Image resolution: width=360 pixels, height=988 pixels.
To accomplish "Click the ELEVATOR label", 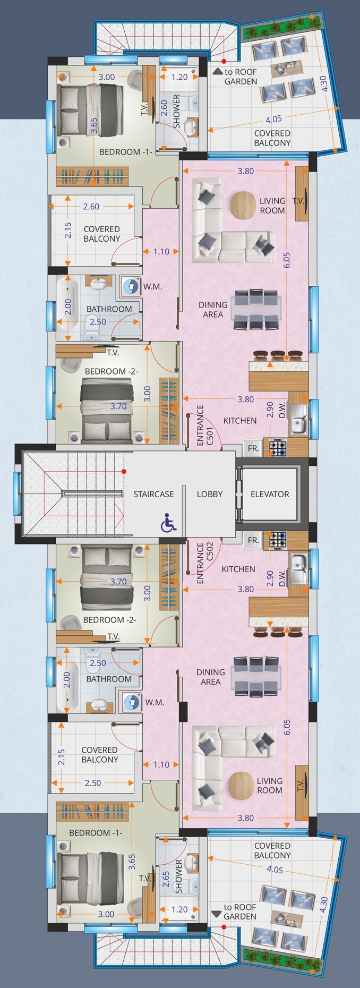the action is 270,494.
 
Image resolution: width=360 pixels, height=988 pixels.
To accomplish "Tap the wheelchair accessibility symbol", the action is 169,523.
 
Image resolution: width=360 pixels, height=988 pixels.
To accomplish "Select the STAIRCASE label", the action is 153,494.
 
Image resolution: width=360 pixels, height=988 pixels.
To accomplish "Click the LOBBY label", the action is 210,494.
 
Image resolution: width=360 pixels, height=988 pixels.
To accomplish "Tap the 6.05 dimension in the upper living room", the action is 287,260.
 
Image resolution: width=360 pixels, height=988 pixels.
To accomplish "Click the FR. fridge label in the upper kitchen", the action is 254,448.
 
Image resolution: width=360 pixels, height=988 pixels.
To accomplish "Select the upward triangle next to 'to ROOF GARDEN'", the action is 217,71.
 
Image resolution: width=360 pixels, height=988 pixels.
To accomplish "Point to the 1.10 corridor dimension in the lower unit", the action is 161,765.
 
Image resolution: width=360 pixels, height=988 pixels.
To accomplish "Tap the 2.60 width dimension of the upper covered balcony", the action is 91,207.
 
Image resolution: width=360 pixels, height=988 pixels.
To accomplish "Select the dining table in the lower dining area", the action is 255,675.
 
